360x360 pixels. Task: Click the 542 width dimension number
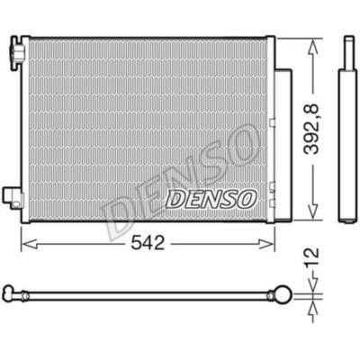pos(148,243)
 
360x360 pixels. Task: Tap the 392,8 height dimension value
pos(310,130)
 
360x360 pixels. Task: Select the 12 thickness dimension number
pos(311,257)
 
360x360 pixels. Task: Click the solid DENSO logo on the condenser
pos(211,199)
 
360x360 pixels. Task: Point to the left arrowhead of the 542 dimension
pos(30,244)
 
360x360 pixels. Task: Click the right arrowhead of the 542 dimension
pos(266,244)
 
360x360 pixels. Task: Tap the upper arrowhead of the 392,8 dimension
pos(312,47)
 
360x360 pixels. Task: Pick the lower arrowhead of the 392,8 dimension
pos(312,211)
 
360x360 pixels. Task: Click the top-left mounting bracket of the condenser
pos(17,53)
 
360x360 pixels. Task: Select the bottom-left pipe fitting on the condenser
pos(13,197)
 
